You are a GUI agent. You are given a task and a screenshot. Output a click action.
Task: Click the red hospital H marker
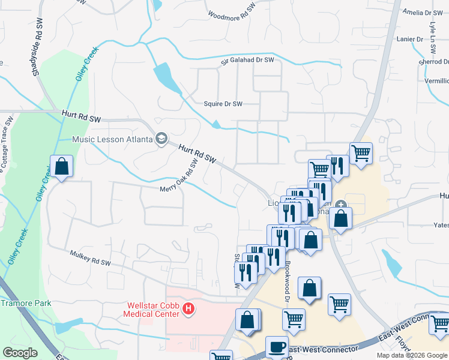[188, 309]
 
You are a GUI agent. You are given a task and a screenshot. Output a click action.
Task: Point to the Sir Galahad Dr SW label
[247, 60]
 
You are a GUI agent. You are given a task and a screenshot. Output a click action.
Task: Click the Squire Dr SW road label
[223, 104]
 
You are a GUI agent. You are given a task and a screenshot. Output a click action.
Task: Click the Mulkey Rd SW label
[90, 261]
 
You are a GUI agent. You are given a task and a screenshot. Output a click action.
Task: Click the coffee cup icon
[277, 347]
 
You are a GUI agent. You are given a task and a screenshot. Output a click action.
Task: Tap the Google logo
[20, 353]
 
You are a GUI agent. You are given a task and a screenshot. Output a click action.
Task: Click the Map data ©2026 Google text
[411, 355]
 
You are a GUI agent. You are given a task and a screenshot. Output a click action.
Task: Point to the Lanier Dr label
[410, 39]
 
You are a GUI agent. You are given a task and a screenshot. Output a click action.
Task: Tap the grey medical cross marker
[341, 205]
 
